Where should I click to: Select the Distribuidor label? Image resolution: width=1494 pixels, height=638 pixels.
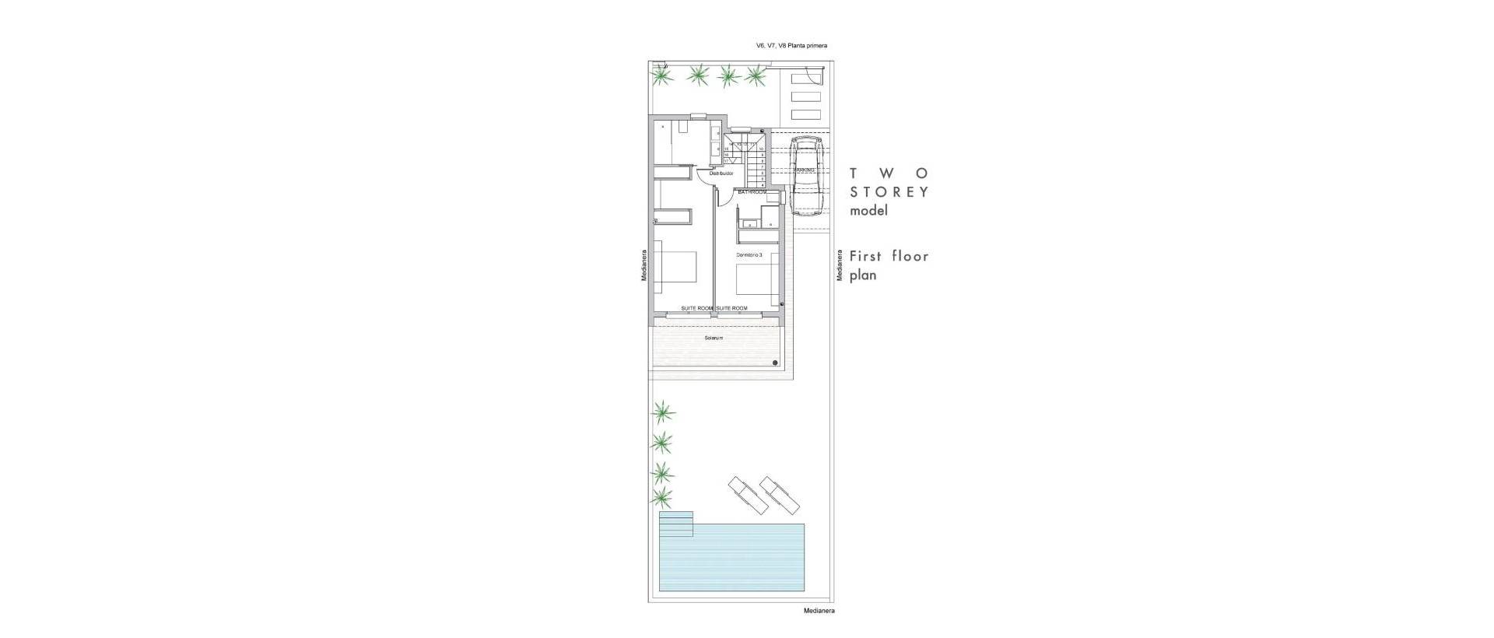pos(177,174)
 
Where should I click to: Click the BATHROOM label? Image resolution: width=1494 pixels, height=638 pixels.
pos(752,191)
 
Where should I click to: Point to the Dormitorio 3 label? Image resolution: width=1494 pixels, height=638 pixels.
pos(749,255)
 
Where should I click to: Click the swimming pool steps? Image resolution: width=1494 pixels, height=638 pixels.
pos(675,524)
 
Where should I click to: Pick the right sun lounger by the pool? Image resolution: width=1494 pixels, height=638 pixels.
pos(780,495)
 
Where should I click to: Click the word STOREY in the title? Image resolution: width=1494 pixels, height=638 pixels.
pos(889,192)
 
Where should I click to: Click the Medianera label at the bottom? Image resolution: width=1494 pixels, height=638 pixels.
pos(819,612)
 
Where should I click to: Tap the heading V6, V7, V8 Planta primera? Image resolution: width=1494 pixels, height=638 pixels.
pos(791,46)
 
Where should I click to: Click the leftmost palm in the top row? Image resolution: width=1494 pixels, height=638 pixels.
pos(661,75)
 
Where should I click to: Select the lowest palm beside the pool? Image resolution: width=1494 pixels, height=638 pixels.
pos(661,496)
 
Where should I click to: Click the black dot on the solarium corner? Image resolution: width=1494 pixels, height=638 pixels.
pos(776,363)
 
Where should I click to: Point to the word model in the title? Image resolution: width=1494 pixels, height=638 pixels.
pos(868,211)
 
